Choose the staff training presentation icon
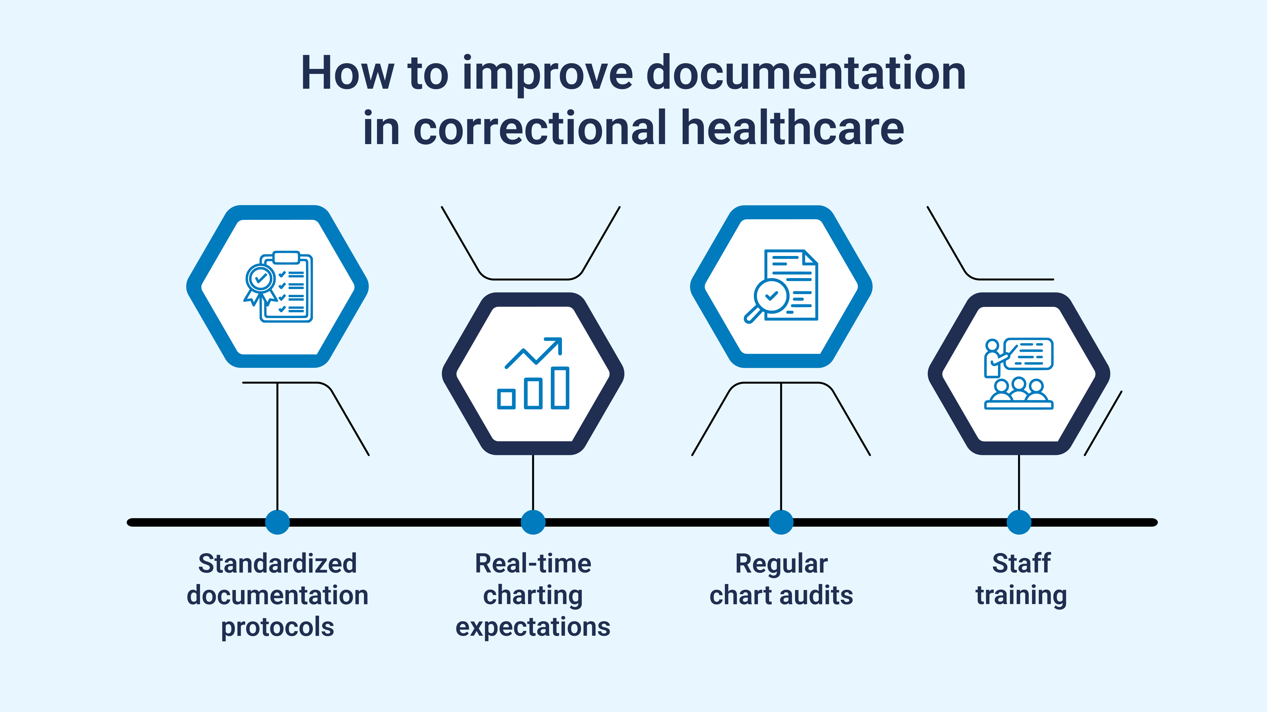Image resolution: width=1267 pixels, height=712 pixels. coord(1019,374)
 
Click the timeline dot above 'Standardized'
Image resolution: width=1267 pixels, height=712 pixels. coord(277,522)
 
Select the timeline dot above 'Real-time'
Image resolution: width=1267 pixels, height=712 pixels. coord(533,522)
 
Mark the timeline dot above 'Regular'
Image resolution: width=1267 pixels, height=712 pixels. coord(781,522)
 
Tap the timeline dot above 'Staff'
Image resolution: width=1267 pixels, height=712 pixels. coord(1019,522)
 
